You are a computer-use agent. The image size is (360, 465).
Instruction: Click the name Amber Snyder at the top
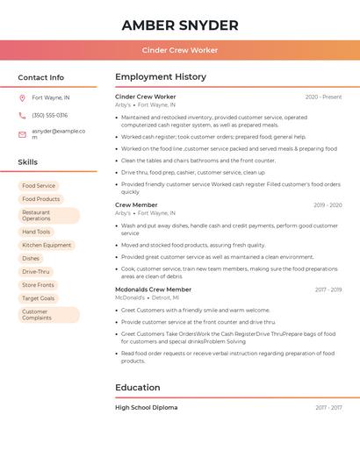coord(180,25)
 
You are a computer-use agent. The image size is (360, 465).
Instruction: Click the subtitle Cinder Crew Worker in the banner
coord(180,50)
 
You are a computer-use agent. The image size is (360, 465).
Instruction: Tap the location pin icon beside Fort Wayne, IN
coord(23,97)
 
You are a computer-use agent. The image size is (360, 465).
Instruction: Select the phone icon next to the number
coord(23,115)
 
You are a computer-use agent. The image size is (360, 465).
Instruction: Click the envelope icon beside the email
coord(23,134)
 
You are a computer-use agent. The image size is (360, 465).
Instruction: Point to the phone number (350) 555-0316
coord(49,115)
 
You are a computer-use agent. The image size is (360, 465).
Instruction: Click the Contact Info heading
coord(41,77)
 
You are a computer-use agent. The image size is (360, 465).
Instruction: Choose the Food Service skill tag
coord(39,186)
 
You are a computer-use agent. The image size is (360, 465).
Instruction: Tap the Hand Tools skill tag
coord(36,232)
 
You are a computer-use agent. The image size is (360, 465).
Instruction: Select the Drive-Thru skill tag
coord(36,272)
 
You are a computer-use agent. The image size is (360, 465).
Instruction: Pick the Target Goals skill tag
coord(39,298)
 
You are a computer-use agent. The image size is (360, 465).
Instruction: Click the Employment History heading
coord(161,77)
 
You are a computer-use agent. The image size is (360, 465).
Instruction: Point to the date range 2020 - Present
coord(323,97)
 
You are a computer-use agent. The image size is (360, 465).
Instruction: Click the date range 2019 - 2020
coord(328,204)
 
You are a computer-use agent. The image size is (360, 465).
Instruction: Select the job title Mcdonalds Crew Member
coord(153,290)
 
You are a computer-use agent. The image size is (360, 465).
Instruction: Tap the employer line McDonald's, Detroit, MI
coord(147,297)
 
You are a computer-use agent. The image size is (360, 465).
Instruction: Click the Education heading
coord(138,387)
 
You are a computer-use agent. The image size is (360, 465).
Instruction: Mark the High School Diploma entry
coord(146,407)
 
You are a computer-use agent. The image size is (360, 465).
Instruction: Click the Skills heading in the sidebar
coord(28,162)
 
